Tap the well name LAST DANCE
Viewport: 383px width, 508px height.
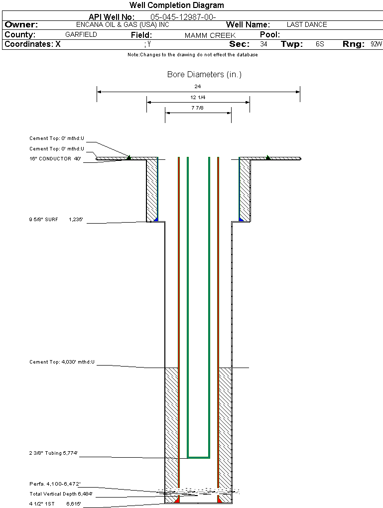[x=307, y=24]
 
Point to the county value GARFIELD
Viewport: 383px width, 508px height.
[x=81, y=35]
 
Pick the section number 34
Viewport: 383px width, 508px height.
[x=263, y=44]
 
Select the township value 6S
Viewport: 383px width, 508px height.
[x=320, y=44]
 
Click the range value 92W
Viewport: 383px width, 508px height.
[x=376, y=44]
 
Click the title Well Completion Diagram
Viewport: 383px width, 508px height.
[x=177, y=5]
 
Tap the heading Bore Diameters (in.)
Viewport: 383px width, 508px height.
[x=204, y=75]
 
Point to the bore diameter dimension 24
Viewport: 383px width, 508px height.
[x=198, y=86]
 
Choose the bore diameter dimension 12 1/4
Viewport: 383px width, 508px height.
[x=198, y=97]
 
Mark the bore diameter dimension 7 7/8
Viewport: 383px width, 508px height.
[x=198, y=108]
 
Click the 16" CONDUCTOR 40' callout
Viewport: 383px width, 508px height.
[x=55, y=159]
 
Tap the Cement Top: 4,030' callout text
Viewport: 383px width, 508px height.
[x=62, y=362]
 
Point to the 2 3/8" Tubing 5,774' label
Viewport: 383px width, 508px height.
[x=53, y=453]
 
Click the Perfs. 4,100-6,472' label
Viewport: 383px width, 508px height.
[x=55, y=484]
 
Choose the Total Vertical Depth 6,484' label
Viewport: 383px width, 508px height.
[x=61, y=494]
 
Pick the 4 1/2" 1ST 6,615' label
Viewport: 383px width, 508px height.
[x=55, y=504]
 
